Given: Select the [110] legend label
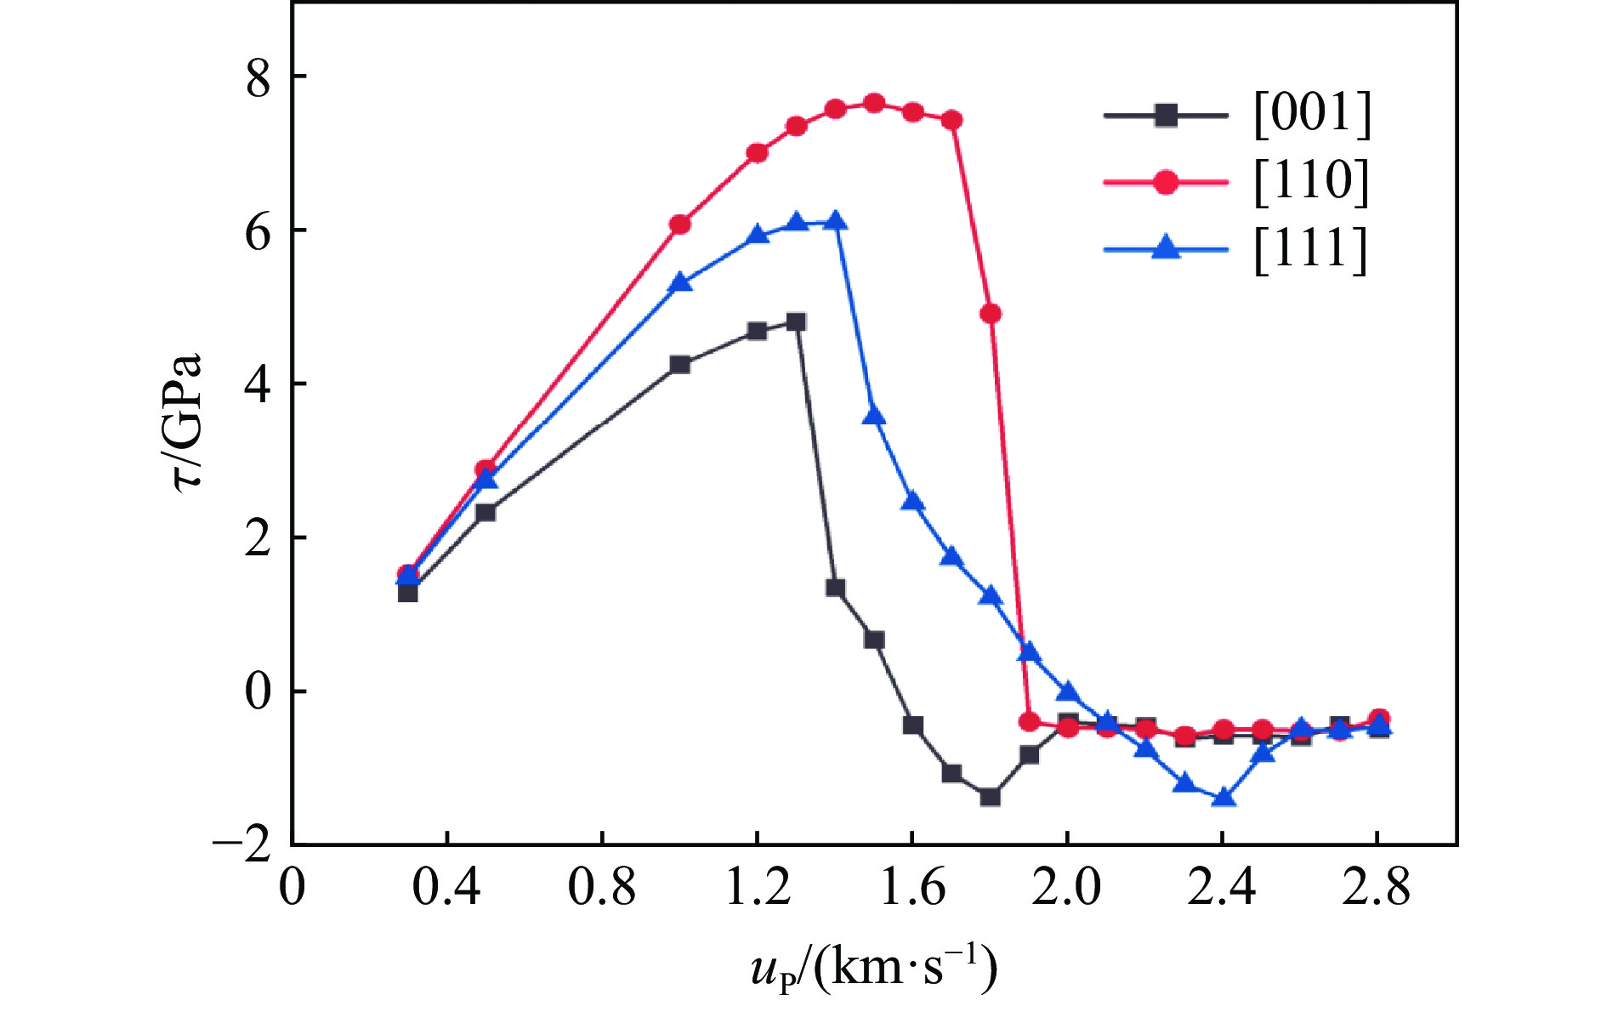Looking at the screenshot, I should click(1312, 182).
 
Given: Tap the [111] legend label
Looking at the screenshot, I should click(1312, 250).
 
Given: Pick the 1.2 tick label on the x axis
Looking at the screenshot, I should click(758, 888).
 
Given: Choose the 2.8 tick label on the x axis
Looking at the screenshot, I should click(1377, 888).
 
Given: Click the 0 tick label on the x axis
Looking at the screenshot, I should click(292, 888).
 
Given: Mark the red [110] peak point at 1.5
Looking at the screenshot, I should click(873, 104).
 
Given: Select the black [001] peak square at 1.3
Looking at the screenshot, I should click(796, 322).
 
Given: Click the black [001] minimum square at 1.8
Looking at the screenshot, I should click(990, 797).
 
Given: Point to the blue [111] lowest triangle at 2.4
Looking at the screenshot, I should click(1223, 798).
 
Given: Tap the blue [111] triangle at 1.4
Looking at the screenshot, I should click(835, 222).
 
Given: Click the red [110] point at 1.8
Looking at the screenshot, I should click(991, 314).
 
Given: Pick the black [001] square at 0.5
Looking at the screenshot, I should click(486, 513).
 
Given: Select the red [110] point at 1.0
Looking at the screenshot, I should click(679, 225).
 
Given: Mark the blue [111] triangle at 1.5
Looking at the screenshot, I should click(874, 416).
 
